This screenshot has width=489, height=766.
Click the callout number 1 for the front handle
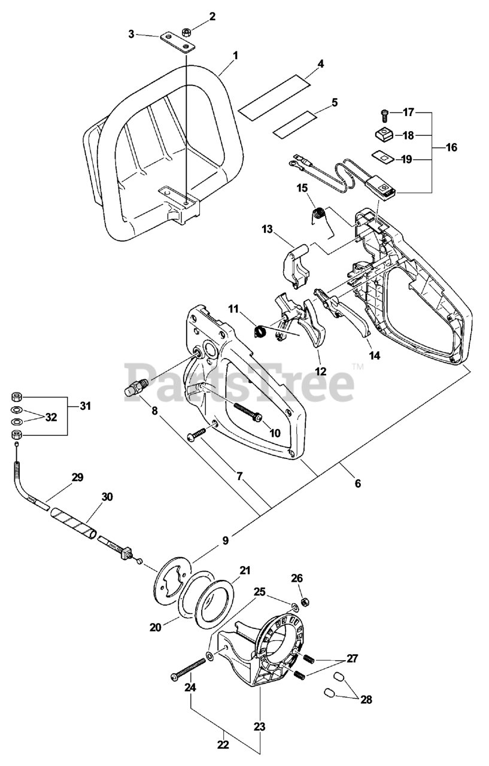pos(235,55)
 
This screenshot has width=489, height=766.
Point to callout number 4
pos(321,63)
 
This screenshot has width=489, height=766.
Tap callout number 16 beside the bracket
pos(451,147)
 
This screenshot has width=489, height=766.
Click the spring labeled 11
pos(261,331)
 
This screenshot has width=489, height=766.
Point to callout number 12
pos(321,371)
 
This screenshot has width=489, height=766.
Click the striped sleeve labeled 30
pos(73,521)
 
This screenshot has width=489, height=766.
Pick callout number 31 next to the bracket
pos(86,406)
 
